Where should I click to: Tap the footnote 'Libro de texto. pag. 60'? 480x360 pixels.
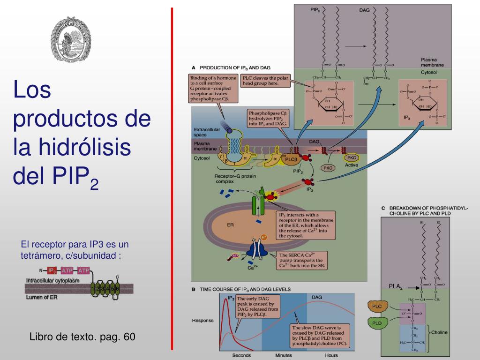82,337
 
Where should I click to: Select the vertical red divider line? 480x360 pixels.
172,178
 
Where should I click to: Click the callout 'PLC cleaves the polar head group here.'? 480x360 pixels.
265,80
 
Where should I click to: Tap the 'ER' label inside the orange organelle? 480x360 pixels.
230,225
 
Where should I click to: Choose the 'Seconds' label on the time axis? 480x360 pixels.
242,355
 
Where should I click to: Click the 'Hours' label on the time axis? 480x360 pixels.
331,355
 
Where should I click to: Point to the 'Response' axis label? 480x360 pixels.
203,321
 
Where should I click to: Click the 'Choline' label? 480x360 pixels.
439,332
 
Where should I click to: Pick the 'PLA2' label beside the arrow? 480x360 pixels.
395,286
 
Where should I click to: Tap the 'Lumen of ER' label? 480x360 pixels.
42,297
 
